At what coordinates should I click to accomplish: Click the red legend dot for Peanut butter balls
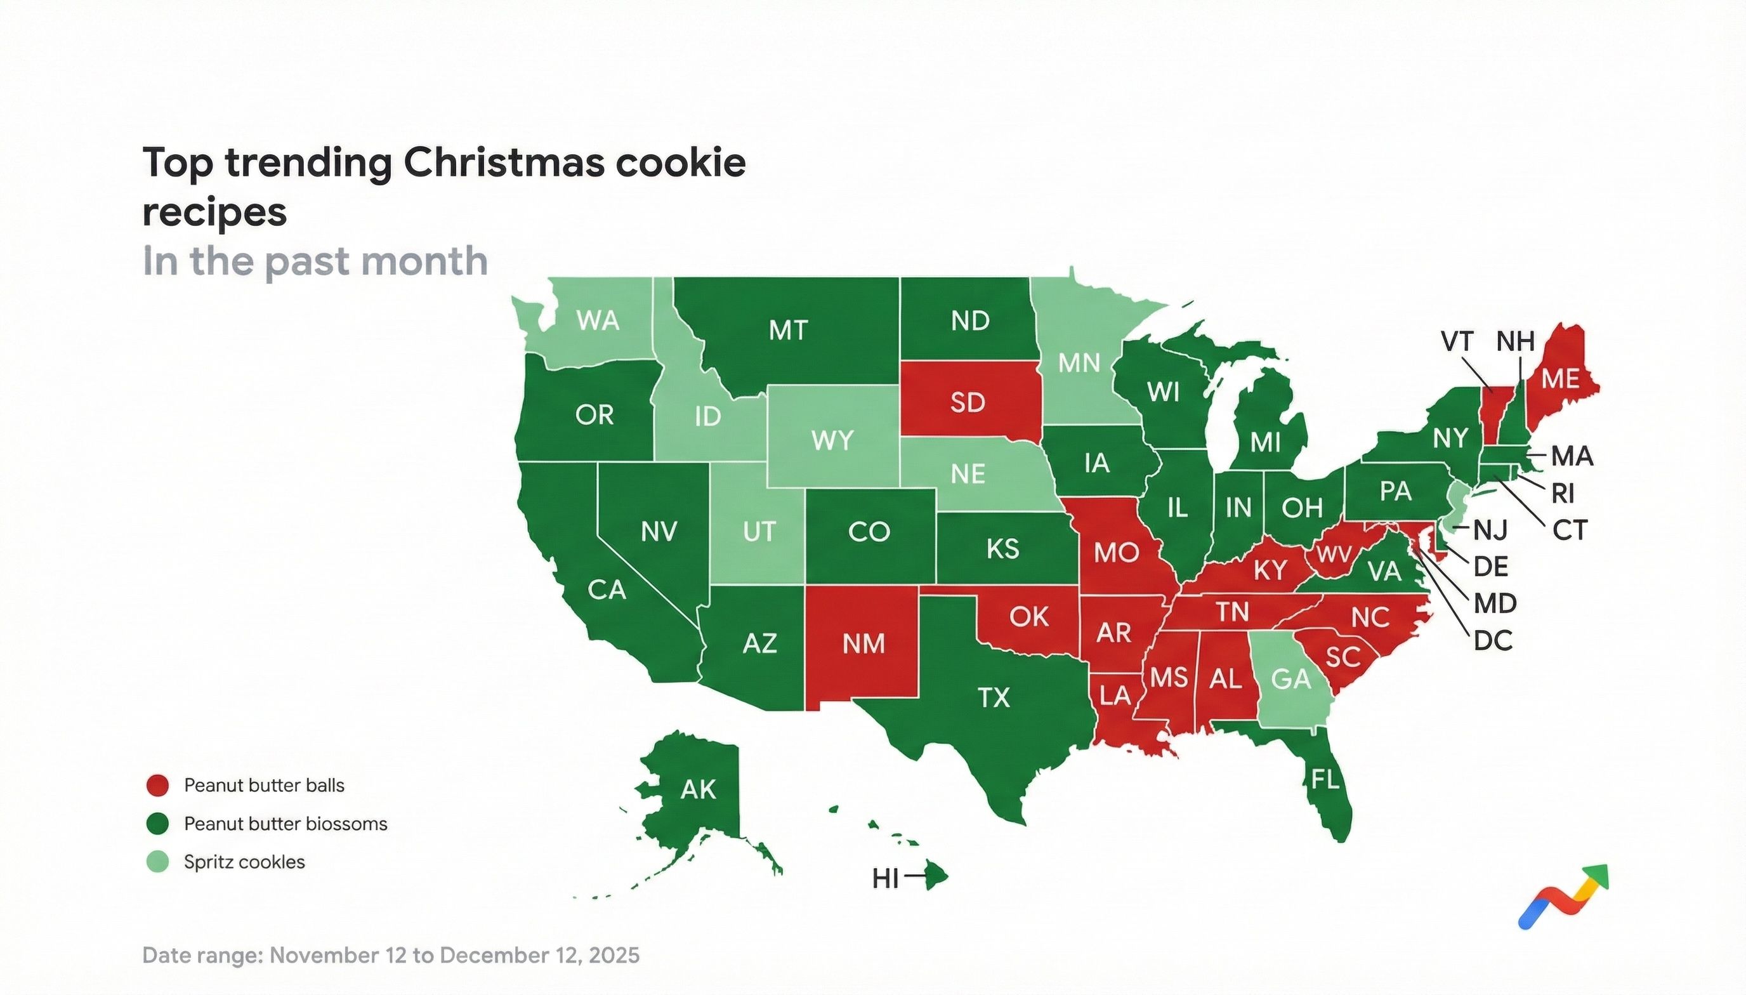[157, 785]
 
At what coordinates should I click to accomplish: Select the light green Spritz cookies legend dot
[157, 862]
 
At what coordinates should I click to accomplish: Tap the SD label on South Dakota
[968, 402]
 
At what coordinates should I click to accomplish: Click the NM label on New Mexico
[863, 643]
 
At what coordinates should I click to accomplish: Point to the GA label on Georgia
[1291, 679]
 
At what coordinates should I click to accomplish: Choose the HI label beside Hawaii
[885, 879]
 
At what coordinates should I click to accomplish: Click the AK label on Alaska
[698, 789]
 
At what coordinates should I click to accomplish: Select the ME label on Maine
[1559, 379]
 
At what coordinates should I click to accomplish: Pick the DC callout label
[1493, 640]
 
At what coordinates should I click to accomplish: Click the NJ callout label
[1490, 530]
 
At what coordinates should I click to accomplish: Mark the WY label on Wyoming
[832, 441]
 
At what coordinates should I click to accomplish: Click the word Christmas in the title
[504, 162]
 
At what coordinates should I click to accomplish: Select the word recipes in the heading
[214, 212]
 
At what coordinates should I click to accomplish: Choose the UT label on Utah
[759, 532]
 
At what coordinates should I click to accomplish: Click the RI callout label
[1563, 492]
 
